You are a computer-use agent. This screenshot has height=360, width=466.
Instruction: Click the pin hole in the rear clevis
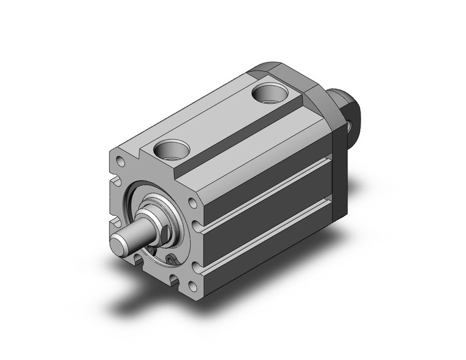coord(349,126)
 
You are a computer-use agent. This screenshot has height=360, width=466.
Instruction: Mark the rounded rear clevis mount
coord(347,110)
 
